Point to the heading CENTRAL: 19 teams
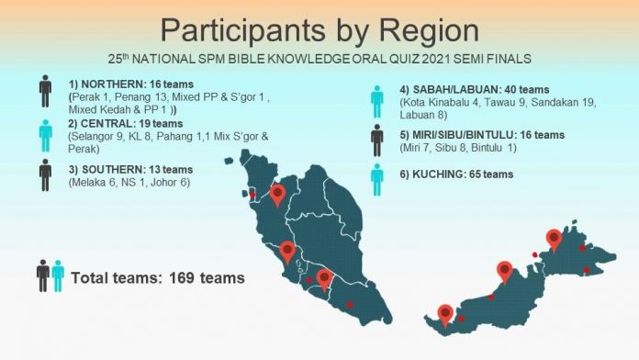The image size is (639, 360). (x=121, y=123)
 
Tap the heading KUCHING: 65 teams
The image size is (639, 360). (x=457, y=174)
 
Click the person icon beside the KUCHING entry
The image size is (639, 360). (x=376, y=179)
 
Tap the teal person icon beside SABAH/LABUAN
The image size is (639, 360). (x=376, y=100)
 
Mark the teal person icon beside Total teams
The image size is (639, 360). (x=58, y=276)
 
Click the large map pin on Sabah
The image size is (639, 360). (x=554, y=238)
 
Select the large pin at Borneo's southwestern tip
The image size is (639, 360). (x=445, y=314)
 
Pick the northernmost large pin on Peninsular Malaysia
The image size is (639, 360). (x=278, y=194)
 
